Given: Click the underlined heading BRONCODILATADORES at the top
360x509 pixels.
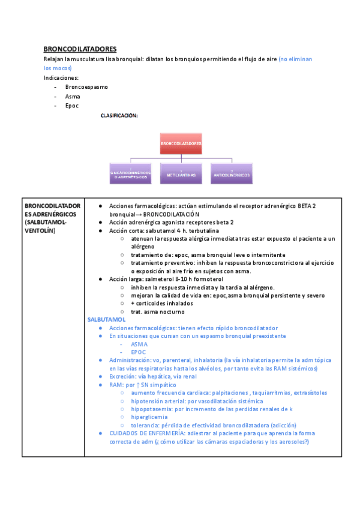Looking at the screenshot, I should pos(80,49).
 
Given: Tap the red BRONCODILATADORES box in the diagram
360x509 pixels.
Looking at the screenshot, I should pos(181,144).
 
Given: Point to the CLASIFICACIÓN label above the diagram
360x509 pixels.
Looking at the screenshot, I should pos(119,115).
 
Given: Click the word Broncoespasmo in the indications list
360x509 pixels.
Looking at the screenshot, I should pos(86,87).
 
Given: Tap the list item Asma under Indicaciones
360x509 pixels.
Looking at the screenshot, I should pos(73,96).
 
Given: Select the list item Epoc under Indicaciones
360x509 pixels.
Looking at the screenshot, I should pos(72,106).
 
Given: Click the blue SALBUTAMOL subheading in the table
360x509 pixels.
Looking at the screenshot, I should pos(106,320).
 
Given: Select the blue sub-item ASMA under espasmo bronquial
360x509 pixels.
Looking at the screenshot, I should pos(139,345).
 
